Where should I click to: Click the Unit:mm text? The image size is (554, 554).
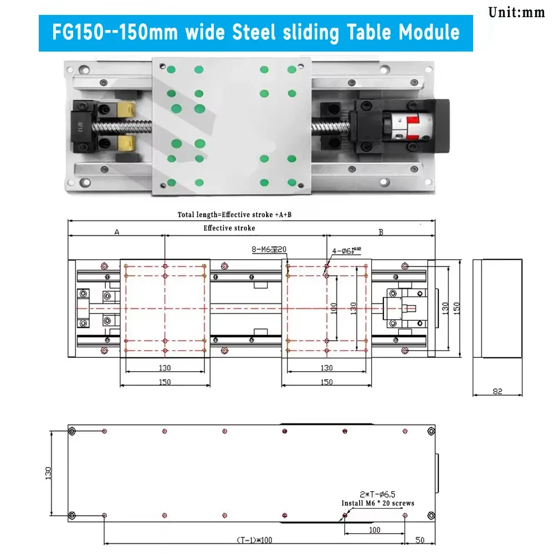(x=517, y=12)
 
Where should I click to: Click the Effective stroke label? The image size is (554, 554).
(x=229, y=228)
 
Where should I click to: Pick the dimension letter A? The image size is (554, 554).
(x=117, y=233)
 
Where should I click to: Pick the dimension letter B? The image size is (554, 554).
(x=381, y=233)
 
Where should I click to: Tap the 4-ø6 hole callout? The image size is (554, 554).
(x=346, y=251)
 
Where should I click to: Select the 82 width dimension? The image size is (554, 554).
(x=497, y=392)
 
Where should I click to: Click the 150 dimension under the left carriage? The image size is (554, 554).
(x=165, y=382)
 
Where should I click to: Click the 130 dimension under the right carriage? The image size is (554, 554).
(x=327, y=368)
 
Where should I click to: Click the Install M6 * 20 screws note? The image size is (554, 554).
(x=377, y=504)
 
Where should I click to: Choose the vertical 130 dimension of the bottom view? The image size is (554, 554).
(x=48, y=473)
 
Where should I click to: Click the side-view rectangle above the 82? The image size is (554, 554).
(x=497, y=308)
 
